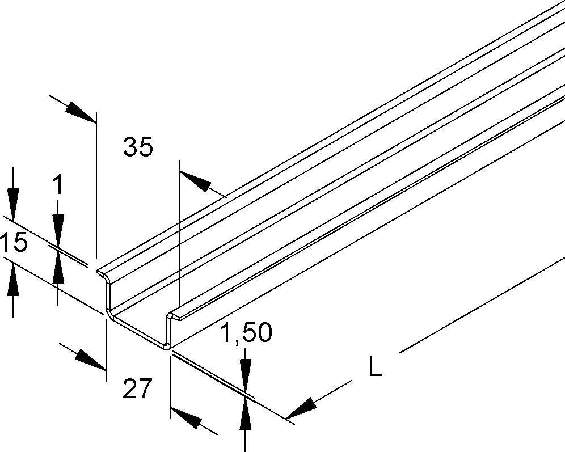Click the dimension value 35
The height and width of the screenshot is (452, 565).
[x=138, y=146]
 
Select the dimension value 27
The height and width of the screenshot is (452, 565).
[x=137, y=388]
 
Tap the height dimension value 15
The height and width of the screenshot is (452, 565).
[x=14, y=242]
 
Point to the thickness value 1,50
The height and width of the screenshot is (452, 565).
[x=246, y=332]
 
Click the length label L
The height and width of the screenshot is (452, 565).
[x=376, y=366]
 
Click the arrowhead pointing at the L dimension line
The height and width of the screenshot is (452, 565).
[x=302, y=407]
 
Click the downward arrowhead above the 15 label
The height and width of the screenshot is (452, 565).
[x=13, y=204]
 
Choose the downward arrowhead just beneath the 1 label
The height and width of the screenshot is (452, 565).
[x=58, y=229]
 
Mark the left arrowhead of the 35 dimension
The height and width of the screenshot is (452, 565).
[x=81, y=111]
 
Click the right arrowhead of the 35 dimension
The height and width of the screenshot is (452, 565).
[x=195, y=181]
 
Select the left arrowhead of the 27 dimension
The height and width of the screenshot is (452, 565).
[x=91, y=359]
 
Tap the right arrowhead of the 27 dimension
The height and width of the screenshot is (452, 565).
[x=186, y=417]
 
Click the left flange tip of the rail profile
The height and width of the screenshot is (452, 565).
[x=98, y=271]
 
